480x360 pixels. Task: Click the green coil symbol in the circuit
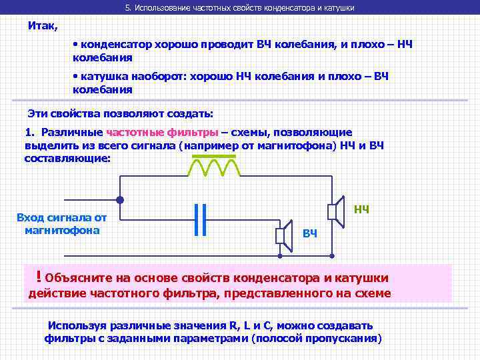[x=213, y=166]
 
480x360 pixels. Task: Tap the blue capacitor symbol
[x=201, y=219]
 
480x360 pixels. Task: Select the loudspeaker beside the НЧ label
[x=335, y=211]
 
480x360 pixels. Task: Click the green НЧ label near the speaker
[x=361, y=209]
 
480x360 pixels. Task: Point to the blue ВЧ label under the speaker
[x=309, y=233]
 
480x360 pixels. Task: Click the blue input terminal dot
[x=120, y=200]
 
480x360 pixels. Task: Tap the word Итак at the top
[x=43, y=26]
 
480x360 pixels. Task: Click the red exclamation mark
[x=40, y=275]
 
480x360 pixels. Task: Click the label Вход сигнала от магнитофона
[x=62, y=224]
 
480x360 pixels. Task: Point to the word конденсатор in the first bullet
[x=119, y=44]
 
